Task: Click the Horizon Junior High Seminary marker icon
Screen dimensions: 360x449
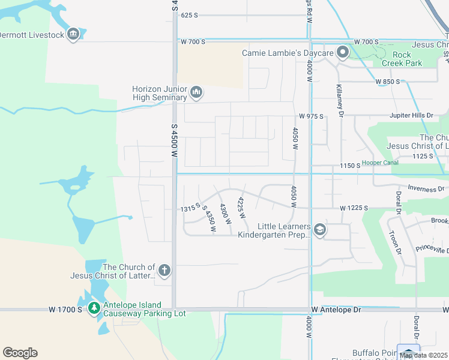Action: (196, 92)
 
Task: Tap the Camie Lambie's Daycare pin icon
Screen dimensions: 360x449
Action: (343, 53)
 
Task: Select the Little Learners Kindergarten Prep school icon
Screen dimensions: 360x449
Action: (320, 230)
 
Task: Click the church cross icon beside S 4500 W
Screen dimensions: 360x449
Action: (164, 271)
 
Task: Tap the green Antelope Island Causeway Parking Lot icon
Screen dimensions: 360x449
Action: (94, 308)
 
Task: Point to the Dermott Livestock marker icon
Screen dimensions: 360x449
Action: (73, 34)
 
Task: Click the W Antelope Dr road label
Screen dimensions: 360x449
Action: (337, 310)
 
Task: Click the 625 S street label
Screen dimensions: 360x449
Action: (189, 15)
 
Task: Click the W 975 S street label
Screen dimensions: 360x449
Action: (311, 116)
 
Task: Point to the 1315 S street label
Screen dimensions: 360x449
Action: (190, 208)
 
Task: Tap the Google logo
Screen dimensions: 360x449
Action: (20, 353)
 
